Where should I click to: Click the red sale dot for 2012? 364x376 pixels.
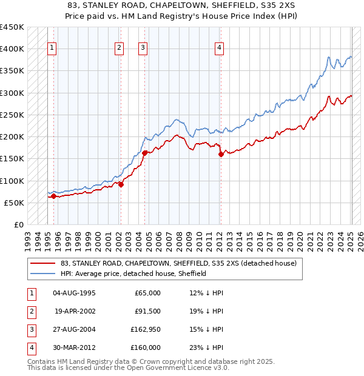click(221, 154)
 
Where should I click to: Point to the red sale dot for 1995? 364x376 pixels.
click(53, 196)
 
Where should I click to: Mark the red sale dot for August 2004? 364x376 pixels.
click(145, 153)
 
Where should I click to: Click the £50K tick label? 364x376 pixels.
click(15, 203)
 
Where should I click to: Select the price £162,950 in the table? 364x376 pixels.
click(146, 329)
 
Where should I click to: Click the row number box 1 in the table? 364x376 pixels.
click(30, 293)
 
